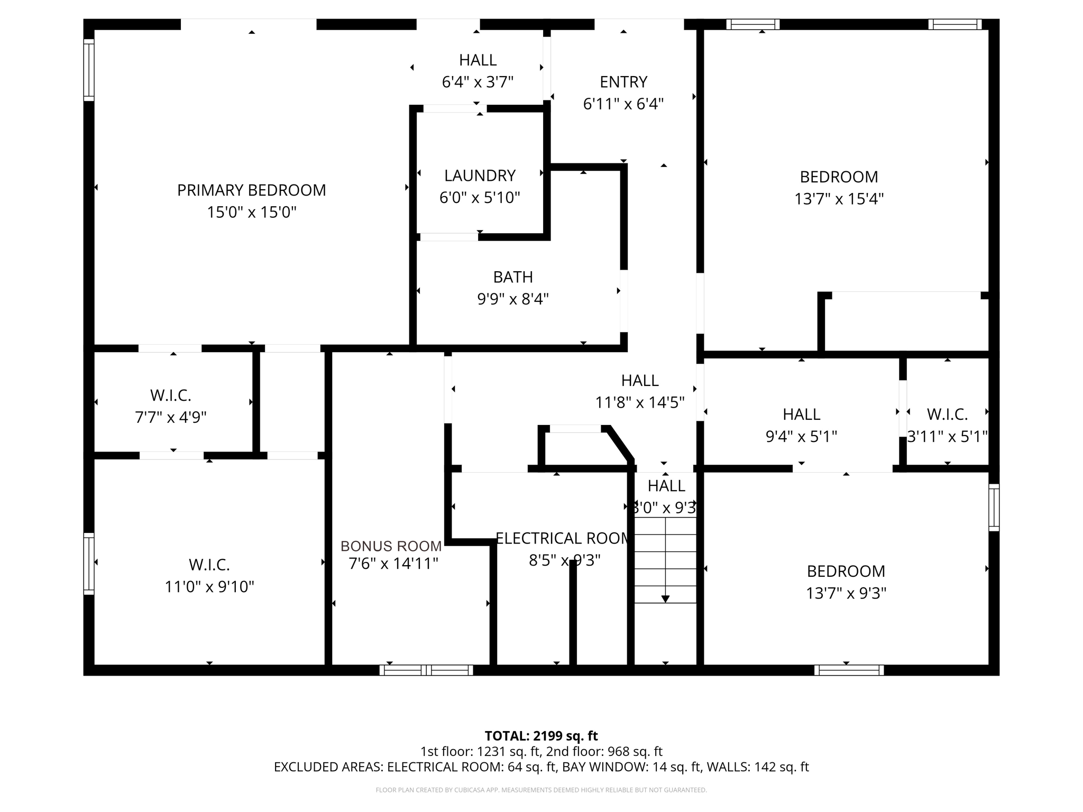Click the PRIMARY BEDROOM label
pos(251,190)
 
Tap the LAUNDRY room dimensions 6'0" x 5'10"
pos(480,198)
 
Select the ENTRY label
pos(623,82)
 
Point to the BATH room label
pos(512,277)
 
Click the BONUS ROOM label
pos(391,546)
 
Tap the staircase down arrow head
pos(665,599)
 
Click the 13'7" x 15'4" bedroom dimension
pos(839,199)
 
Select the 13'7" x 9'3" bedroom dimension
pos(846,594)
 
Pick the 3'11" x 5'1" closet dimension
pos(947,437)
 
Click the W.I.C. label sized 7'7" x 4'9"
pos(170,395)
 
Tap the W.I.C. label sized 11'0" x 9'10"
pos(209,565)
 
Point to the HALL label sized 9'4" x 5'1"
pos(801,414)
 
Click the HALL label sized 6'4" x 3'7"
pos(478,60)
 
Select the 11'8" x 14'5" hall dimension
pos(639,403)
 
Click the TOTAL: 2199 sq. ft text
pos(541,736)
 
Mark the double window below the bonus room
pos(426,670)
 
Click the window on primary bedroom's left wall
pos(89,70)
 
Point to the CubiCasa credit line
pos(541,790)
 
